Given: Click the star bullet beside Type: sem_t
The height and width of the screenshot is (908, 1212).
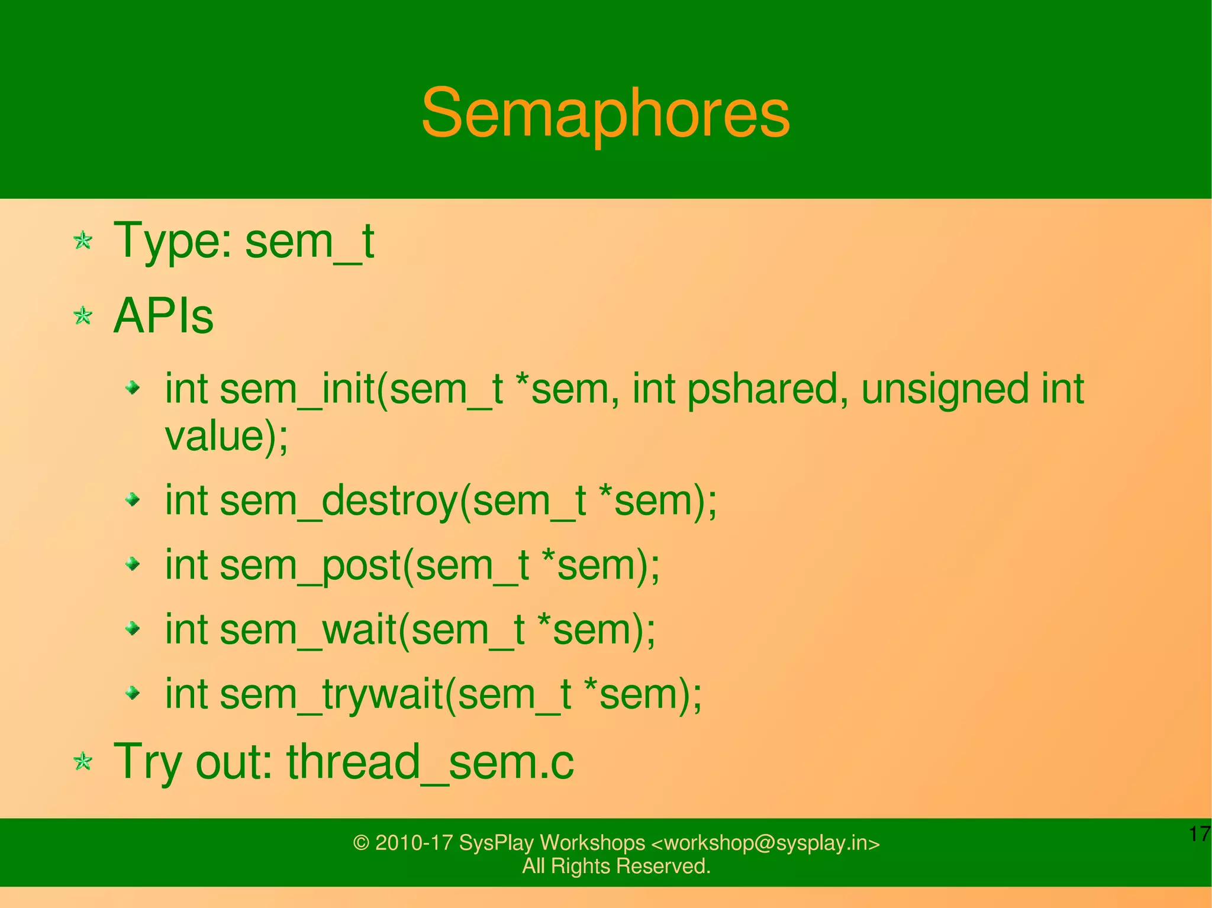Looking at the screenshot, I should point(83,241).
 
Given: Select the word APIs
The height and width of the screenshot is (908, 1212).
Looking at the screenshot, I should point(163,316).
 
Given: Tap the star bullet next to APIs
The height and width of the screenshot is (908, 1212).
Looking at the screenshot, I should point(83,316).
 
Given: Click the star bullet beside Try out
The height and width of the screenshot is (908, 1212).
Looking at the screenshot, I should point(83,762).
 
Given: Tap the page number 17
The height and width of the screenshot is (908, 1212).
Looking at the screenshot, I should point(1199,834).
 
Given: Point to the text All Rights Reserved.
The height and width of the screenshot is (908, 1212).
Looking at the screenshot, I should point(616,866).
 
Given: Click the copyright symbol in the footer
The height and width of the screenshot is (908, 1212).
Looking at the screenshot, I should point(361,843).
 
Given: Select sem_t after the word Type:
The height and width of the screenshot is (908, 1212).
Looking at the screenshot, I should point(310,241).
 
